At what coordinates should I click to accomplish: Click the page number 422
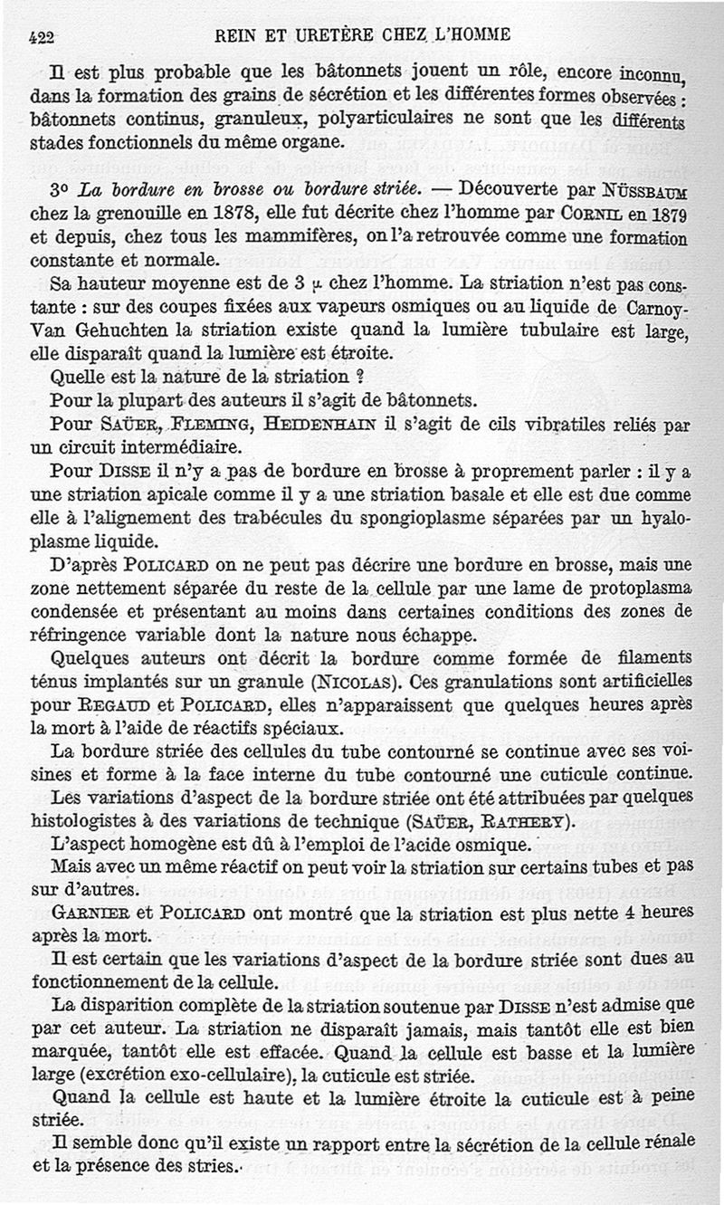click(43, 37)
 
